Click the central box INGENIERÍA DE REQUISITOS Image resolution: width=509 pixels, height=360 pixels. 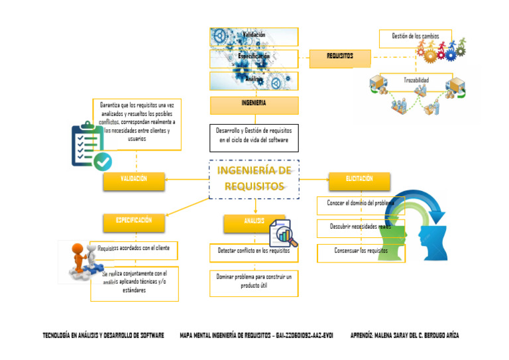pos(254,179)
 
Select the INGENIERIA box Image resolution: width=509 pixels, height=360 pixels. pos(254,105)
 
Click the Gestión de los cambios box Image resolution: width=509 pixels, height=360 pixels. pos(416,37)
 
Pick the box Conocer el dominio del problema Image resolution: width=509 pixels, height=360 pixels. pos(361,204)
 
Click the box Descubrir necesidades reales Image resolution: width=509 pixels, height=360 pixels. pos(361,227)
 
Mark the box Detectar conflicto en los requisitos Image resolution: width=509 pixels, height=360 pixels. pos(254,252)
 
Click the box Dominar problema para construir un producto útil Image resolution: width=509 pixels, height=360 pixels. pos(254,280)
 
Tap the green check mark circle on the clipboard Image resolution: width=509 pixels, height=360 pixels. pos(102,160)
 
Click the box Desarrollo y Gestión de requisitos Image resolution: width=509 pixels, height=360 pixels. pos(254,137)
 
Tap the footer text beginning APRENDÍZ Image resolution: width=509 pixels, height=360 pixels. pos(404,335)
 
